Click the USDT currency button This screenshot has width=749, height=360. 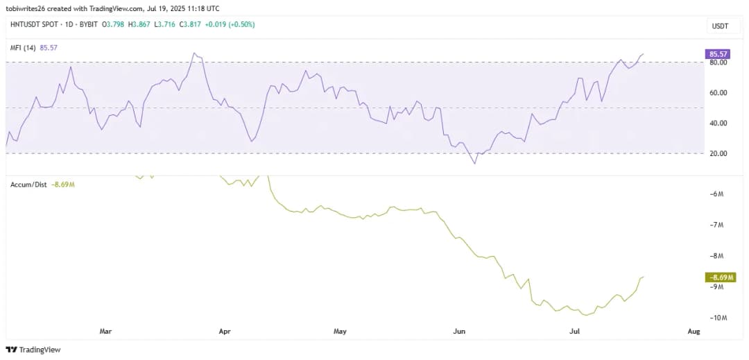(x=718, y=26)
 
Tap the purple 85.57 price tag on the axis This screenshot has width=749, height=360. (x=717, y=53)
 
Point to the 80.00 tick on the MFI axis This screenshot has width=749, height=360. (x=718, y=62)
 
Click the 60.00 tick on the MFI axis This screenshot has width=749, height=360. (x=718, y=93)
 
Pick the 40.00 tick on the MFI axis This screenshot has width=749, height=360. (x=718, y=123)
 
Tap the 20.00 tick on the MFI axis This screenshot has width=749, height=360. (x=718, y=153)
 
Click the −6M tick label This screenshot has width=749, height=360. (x=717, y=194)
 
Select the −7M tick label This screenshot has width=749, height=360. (x=717, y=225)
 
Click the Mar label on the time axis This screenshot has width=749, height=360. (x=105, y=332)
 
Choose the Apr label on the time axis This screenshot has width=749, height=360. (x=224, y=332)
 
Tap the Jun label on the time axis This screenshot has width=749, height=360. (x=458, y=332)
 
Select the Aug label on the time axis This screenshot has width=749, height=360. (x=693, y=332)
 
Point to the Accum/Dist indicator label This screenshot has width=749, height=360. (x=30, y=184)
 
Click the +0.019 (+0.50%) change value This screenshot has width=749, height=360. (x=231, y=24)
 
